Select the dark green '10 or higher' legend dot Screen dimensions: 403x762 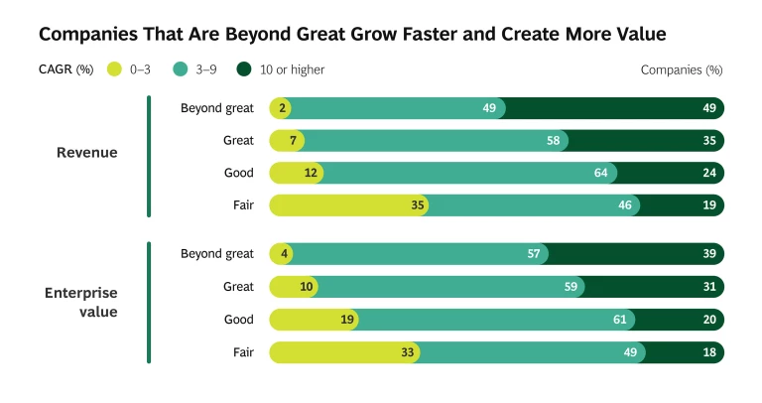(x=244, y=69)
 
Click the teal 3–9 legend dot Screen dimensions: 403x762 (x=180, y=69)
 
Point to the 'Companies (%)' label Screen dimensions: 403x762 (x=682, y=69)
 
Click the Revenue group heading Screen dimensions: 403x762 (x=87, y=153)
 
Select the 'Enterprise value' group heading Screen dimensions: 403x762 (x=81, y=303)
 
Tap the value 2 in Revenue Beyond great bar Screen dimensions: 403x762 (x=283, y=108)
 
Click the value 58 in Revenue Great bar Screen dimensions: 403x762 (x=554, y=141)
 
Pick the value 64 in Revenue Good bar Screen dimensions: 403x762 (x=600, y=173)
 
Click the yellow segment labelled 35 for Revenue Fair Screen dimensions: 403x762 (x=347, y=205)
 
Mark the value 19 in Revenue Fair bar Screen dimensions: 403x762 (x=709, y=205)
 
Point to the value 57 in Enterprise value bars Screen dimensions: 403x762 (x=534, y=254)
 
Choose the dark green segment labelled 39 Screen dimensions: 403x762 (x=635, y=254)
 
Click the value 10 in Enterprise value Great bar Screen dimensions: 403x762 (x=307, y=287)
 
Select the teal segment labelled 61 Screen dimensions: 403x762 (x=496, y=320)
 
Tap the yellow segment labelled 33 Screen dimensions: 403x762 (x=342, y=352)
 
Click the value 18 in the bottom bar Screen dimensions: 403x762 (x=709, y=352)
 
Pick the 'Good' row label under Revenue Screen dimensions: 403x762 (x=239, y=173)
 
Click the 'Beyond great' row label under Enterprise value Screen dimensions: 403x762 (x=217, y=254)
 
